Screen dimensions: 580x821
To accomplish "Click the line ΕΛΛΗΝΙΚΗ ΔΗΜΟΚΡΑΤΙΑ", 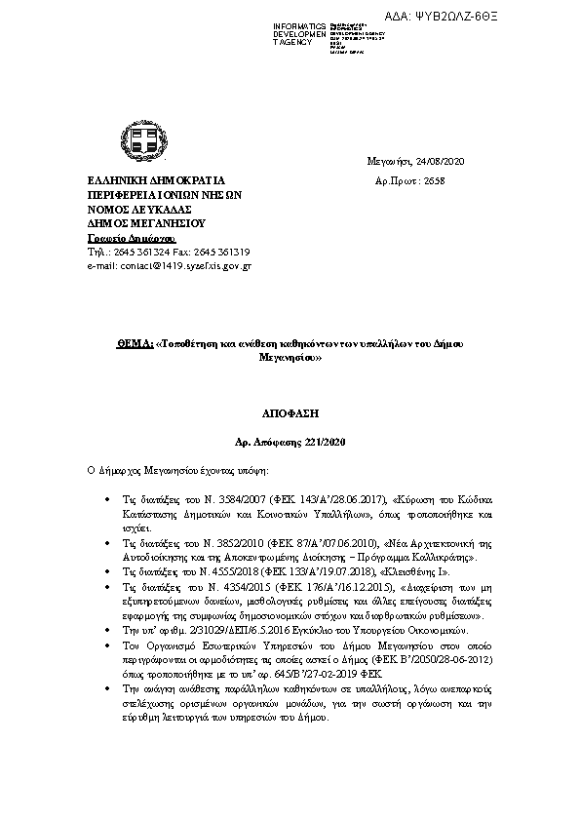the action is [142, 180].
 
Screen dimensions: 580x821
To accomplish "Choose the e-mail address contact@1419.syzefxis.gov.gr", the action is [179, 265].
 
